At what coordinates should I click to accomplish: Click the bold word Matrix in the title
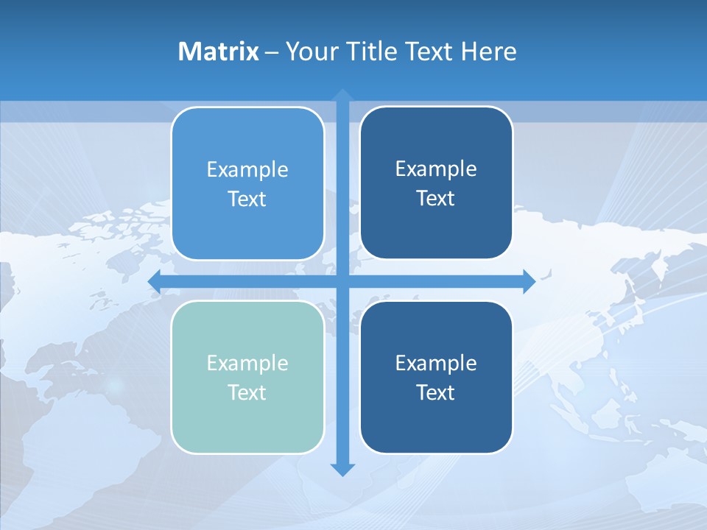pos(219,52)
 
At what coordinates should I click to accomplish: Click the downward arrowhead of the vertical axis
pos(342,469)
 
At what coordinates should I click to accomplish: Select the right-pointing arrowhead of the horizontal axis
pos(529,281)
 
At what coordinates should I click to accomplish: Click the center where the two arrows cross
pos(342,281)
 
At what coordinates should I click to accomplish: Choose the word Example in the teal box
pos(247,363)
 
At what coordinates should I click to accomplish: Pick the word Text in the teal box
pos(247,392)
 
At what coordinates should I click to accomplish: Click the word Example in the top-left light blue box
pos(247,169)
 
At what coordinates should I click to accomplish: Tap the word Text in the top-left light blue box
pos(247,199)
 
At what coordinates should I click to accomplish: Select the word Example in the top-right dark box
pos(436,169)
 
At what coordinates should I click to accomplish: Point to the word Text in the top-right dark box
pos(436,198)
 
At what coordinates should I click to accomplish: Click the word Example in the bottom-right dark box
pos(436,363)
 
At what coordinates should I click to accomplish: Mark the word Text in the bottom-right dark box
pos(436,392)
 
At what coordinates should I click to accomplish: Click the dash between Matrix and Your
pos(272,52)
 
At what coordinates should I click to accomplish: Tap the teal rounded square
pos(247,427)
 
